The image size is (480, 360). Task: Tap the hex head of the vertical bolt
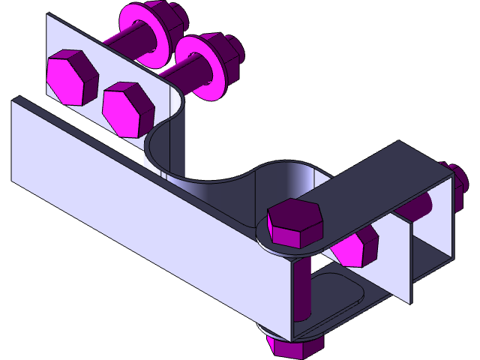294,222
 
